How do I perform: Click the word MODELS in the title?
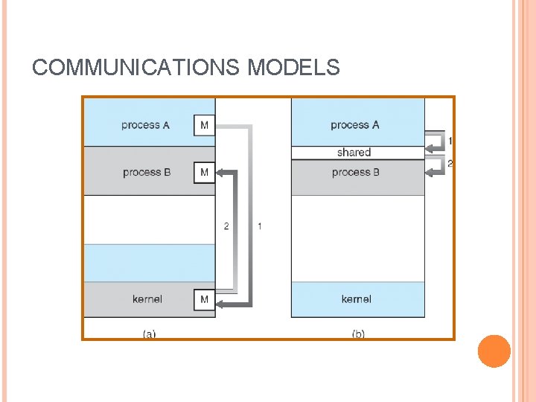coord(293,68)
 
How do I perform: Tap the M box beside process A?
coord(204,125)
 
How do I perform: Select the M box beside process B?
coord(204,173)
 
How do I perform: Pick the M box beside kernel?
coord(204,299)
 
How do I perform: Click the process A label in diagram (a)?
coord(145,125)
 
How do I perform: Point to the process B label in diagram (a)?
coord(147,173)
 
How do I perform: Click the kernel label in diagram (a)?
coord(147,299)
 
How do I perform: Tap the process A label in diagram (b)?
coord(354,125)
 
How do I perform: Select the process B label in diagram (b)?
coord(356,173)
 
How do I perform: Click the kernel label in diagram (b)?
coord(357,299)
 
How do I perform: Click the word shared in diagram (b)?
coord(354,153)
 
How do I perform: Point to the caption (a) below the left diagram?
coord(149,334)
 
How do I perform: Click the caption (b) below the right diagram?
coord(358,334)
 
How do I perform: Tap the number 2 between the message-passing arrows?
coord(226,226)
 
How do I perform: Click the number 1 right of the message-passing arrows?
coord(259,226)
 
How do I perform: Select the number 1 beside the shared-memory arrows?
coord(450,140)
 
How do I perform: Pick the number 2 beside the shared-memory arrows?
coord(450,163)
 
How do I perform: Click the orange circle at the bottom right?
coord(494,351)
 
